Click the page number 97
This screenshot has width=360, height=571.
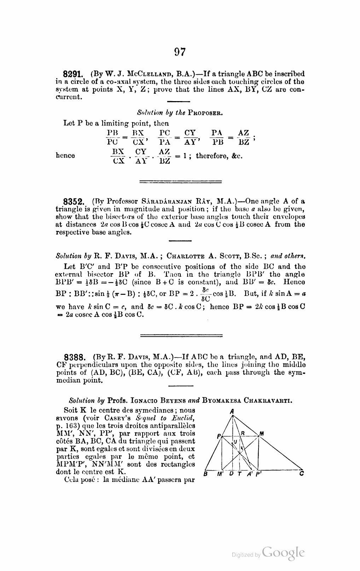click(180, 52)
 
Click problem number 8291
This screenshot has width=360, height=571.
click(73, 75)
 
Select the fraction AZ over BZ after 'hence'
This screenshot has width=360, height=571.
click(164, 156)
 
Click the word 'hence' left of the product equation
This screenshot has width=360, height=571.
click(65, 156)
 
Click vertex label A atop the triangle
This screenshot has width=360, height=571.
click(232, 412)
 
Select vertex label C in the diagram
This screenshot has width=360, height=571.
click(301, 474)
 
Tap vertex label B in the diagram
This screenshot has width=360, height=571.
click(206, 474)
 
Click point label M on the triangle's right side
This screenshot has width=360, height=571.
click(261, 434)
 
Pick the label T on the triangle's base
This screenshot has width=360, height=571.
click(239, 474)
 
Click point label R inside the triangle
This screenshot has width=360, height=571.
click(243, 433)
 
